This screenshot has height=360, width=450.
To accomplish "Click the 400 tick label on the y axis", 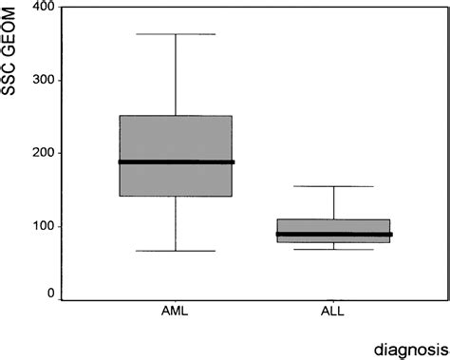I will coord(41,8).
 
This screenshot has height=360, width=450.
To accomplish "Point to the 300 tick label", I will coord(41,80).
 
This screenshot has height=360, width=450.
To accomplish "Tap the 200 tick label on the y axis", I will coord(41,153).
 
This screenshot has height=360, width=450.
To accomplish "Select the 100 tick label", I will coord(41,226).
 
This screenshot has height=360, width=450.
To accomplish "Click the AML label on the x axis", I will coord(176,313).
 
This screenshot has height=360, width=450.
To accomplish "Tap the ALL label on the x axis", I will coord(334,313).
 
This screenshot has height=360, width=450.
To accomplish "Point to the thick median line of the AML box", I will coord(177,162).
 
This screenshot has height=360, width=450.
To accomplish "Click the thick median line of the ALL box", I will coord(334,234).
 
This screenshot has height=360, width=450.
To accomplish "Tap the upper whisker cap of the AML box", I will coord(177,34).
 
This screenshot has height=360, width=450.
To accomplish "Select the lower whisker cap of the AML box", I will coord(177,251).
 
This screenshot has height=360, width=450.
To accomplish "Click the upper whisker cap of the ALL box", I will coord(334,186).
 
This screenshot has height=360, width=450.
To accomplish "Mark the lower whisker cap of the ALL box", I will coord(334,249).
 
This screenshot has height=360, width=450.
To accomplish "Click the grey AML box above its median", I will coord(177,139).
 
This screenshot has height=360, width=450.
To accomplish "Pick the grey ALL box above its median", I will coord(334,226).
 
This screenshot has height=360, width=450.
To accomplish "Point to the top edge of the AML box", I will coord(177,116).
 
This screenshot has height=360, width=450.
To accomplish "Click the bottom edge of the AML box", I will coord(177,196).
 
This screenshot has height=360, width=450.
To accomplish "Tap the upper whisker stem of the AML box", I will coord(177,76).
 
